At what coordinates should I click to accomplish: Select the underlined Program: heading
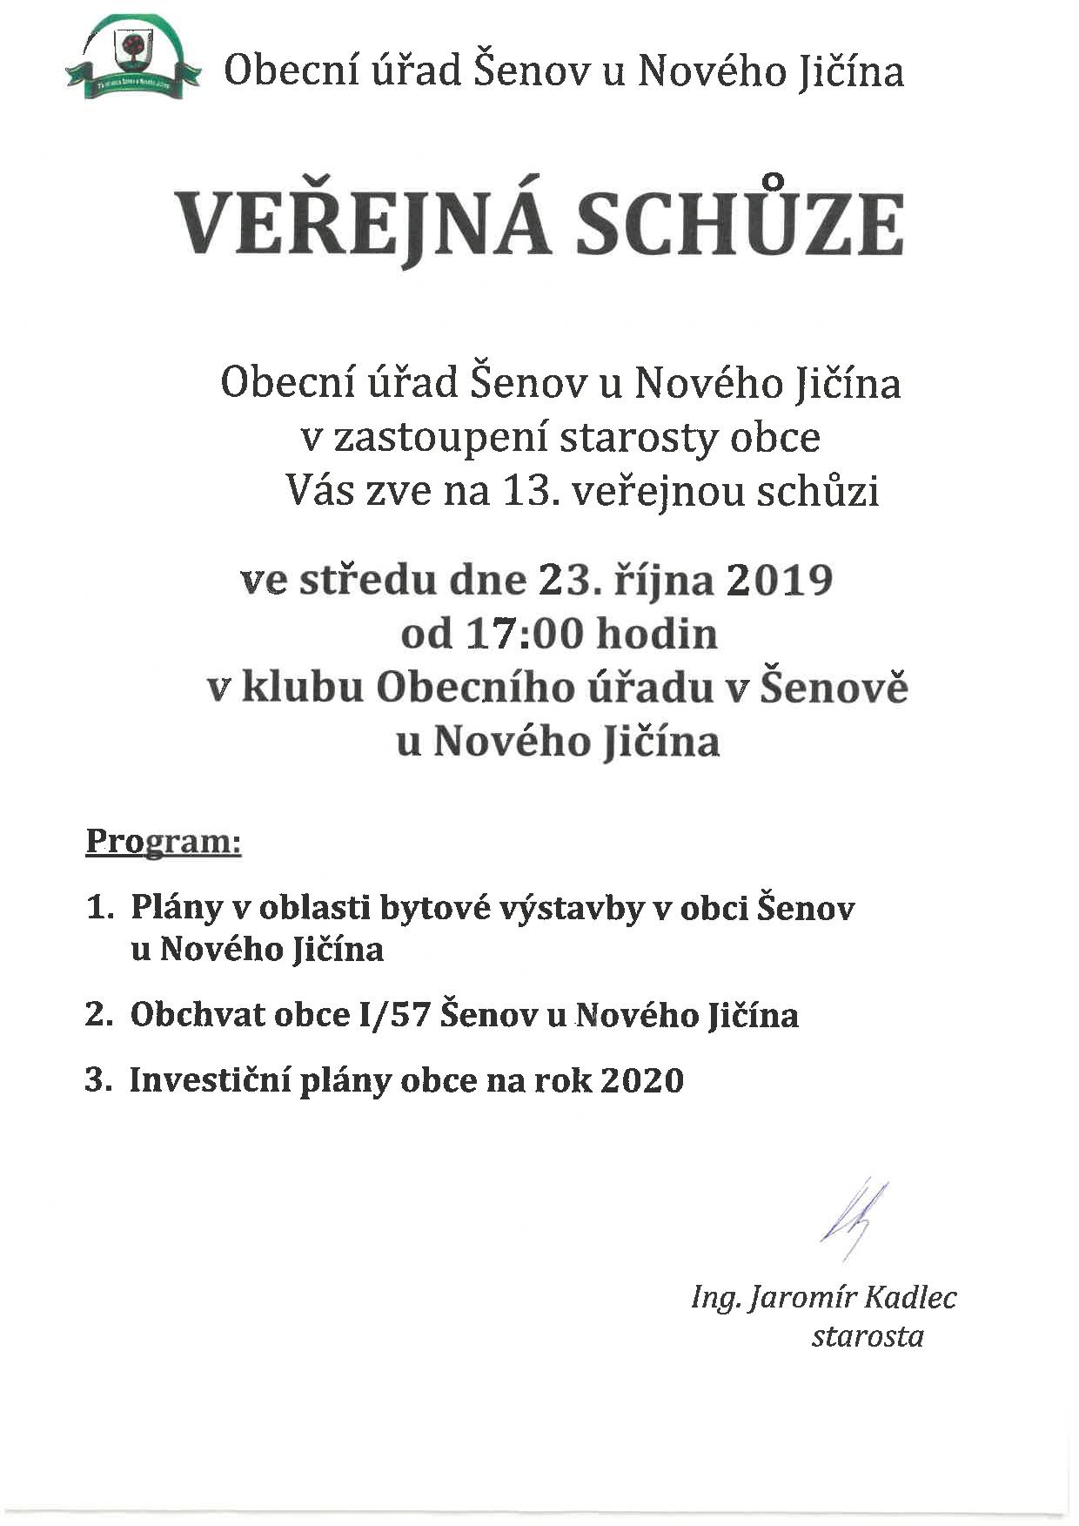pos(163,843)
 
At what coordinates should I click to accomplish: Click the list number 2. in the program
pos(100,1015)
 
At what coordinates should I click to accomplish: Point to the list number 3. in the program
pos(100,1080)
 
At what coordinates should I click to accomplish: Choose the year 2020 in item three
pos(642,1080)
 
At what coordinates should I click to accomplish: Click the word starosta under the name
pos(868,1336)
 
